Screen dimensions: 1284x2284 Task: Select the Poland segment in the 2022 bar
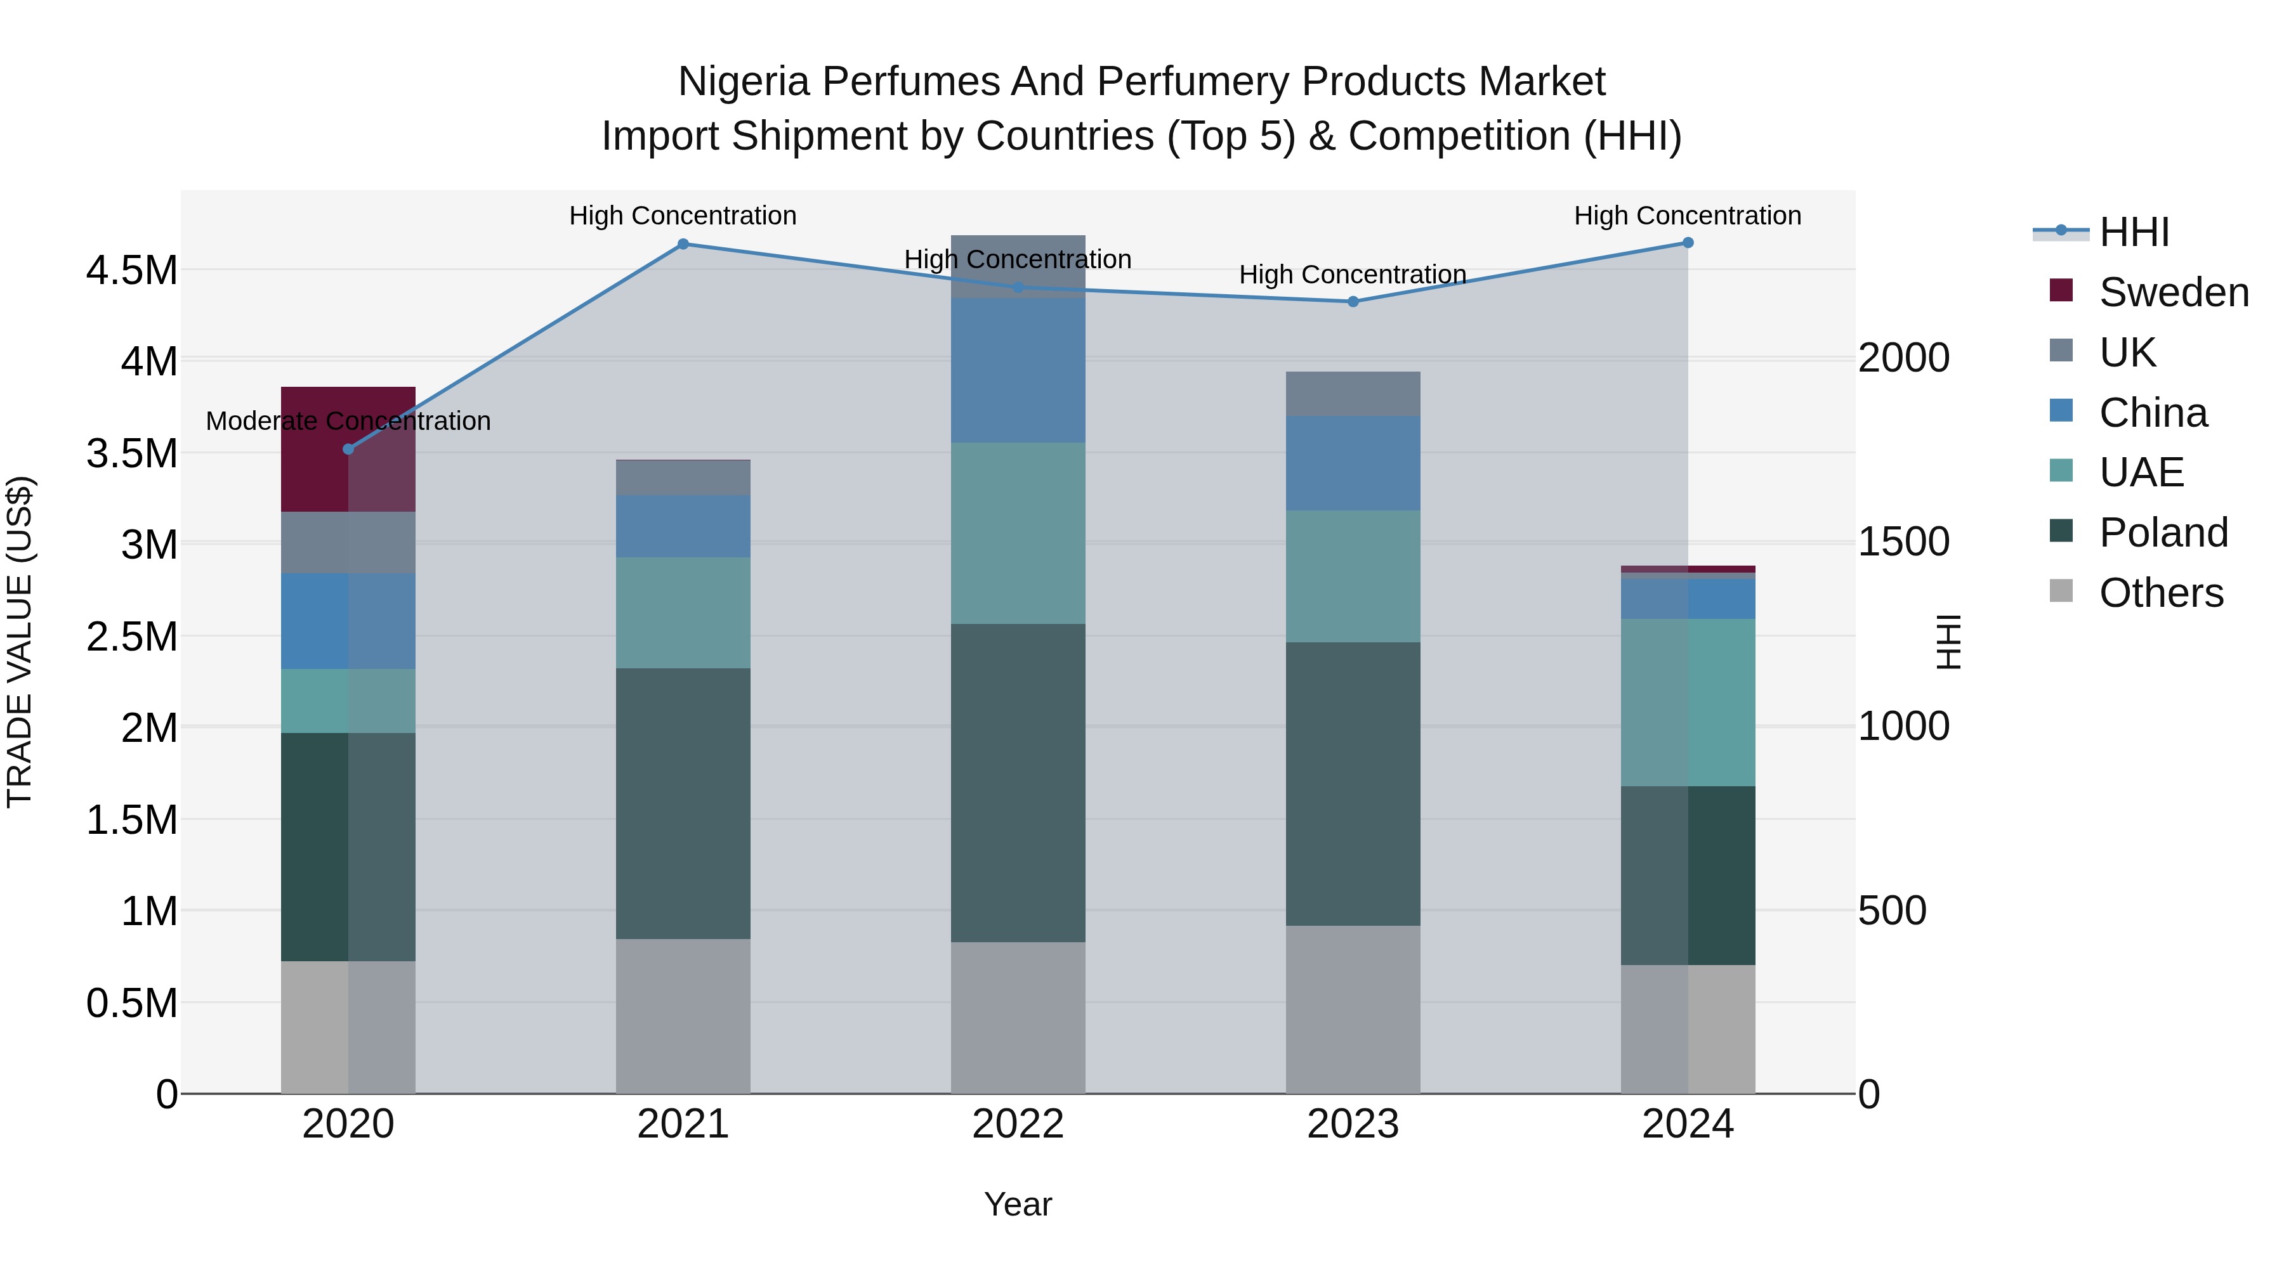1018,782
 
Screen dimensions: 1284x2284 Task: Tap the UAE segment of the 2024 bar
1687,702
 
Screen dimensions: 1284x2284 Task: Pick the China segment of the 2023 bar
1352,463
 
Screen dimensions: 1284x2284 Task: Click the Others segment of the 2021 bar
683,1016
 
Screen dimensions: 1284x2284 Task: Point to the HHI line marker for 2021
683,243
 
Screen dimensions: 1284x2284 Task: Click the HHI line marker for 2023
1352,301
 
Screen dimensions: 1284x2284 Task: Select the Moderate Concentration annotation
348,421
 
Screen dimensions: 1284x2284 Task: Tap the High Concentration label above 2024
1686,216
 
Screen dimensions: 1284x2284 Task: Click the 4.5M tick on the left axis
131,270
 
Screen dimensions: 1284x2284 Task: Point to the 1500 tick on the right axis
1903,542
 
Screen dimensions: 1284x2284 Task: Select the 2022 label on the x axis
1018,1124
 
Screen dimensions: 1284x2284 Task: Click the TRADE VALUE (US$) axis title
20,642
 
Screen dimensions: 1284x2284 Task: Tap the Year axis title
1018,1204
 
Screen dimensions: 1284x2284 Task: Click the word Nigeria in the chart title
743,82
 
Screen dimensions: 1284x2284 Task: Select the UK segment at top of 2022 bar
1018,266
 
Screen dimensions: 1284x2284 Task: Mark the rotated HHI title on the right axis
1948,642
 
